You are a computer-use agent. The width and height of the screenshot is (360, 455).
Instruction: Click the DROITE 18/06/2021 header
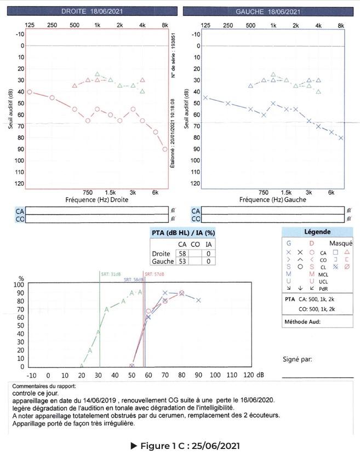point(92,11)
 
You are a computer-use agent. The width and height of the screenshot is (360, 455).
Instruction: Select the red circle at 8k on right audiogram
point(165,149)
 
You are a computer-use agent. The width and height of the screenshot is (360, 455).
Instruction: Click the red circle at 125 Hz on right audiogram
point(30,92)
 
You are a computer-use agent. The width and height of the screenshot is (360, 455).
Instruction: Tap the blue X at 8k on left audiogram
point(341,138)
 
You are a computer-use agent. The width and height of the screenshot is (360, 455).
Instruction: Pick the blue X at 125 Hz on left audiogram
point(205,97)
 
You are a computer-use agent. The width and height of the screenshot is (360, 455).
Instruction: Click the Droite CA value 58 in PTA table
point(181,254)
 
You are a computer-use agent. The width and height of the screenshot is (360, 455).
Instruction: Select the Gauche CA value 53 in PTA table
point(181,262)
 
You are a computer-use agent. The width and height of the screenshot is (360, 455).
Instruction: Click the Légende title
point(317,232)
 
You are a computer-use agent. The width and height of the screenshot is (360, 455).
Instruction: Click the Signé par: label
point(298,360)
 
